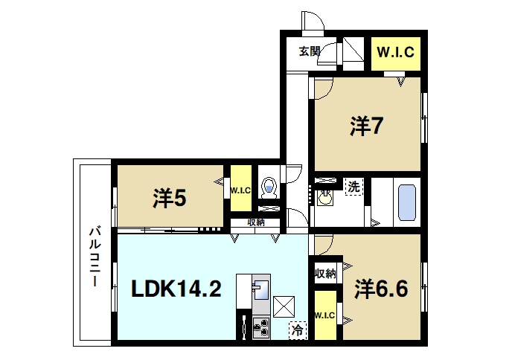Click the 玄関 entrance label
point(310,51)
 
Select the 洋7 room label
point(367,126)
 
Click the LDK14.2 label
point(176,289)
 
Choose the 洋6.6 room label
point(381,288)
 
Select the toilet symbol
point(269,186)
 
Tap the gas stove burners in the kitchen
point(261,326)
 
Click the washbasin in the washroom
point(325,197)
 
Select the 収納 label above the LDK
point(256,222)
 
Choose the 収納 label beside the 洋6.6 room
point(325,274)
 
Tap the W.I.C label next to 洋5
point(240,190)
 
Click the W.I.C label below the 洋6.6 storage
point(325,317)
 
